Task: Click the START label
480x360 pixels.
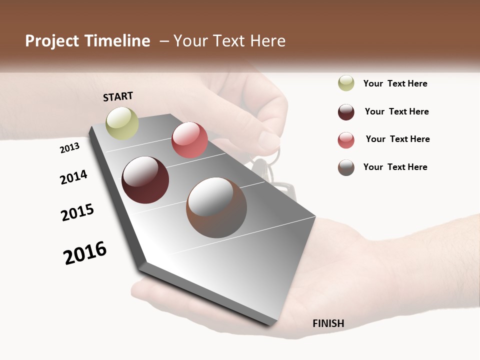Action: click(118, 96)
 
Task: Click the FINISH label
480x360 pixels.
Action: click(328, 323)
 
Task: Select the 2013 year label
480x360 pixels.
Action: click(69, 148)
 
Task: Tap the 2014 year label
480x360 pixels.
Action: click(73, 177)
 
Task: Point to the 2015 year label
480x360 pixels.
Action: click(77, 212)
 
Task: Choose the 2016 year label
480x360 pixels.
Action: click(85, 253)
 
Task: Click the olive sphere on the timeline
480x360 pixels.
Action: click(122, 123)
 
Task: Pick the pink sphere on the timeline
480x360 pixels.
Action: click(189, 140)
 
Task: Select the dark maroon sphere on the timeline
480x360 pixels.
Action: click(145, 180)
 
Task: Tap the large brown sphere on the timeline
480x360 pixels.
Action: click(216, 207)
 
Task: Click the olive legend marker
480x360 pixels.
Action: click(346, 83)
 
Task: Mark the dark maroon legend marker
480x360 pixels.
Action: click(346, 112)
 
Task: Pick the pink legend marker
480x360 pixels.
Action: click(346, 140)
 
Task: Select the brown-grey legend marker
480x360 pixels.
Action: click(346, 167)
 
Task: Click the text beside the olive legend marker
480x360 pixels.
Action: click(395, 83)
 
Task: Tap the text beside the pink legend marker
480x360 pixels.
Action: click(397, 139)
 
